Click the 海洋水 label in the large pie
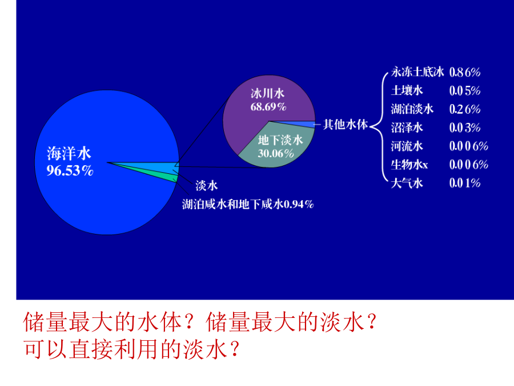click(69, 153)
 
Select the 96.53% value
click(70, 170)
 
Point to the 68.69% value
click(268, 107)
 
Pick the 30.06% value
click(276, 153)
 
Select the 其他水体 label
click(346, 125)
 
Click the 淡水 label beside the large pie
click(207, 185)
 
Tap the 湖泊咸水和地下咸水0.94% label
click(248, 204)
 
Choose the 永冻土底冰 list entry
click(417, 72)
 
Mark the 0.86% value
click(465, 72)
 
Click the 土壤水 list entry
click(407, 90)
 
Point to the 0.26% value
click(465, 109)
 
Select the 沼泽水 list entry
click(407, 128)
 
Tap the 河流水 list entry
click(407, 146)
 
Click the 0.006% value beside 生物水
click(469, 165)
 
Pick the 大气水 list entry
click(407, 183)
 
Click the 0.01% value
click(465, 183)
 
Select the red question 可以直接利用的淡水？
click(132, 349)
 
